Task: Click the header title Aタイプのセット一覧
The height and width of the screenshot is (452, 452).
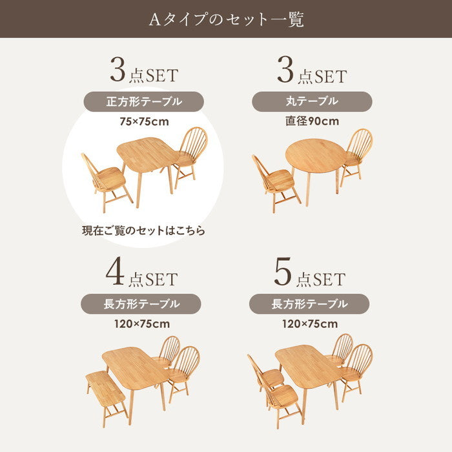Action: click(x=226, y=19)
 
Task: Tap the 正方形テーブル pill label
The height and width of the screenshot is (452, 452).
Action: click(x=144, y=102)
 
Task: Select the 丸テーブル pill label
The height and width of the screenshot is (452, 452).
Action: click(x=312, y=101)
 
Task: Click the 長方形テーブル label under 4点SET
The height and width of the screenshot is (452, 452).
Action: click(x=141, y=304)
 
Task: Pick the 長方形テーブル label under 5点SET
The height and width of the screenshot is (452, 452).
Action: click(x=309, y=304)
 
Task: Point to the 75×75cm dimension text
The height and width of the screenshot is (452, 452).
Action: click(x=144, y=121)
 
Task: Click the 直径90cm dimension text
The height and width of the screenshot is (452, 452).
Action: click(x=312, y=121)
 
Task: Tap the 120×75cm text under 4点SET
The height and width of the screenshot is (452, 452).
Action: click(x=142, y=324)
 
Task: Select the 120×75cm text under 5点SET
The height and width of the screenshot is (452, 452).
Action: click(x=310, y=324)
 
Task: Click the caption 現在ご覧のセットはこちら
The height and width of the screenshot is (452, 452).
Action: click(x=143, y=231)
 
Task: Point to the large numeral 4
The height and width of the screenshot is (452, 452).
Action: click(x=115, y=272)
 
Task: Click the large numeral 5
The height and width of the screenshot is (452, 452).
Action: click(x=283, y=272)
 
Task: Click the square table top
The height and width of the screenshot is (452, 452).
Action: click(x=147, y=155)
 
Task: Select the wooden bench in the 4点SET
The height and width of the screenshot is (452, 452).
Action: click(x=106, y=389)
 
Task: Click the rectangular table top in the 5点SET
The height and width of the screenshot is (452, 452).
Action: click(x=308, y=366)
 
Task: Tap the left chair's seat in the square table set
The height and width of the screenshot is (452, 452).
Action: click(x=111, y=176)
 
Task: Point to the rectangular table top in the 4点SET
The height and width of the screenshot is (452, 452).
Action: click(x=136, y=367)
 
